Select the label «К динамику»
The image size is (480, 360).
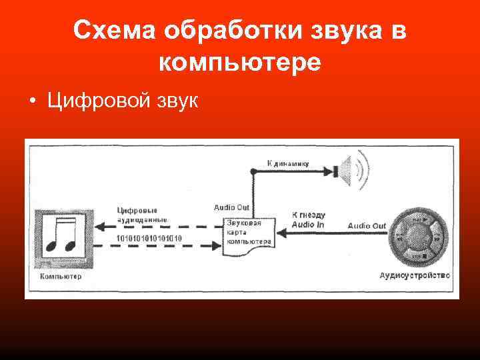point(288,163)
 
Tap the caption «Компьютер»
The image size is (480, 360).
point(61,276)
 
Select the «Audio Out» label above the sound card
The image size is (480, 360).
point(232,207)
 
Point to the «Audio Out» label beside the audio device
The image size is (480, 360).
point(367,226)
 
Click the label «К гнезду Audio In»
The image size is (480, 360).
point(309,221)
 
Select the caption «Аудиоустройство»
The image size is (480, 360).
point(415,275)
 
